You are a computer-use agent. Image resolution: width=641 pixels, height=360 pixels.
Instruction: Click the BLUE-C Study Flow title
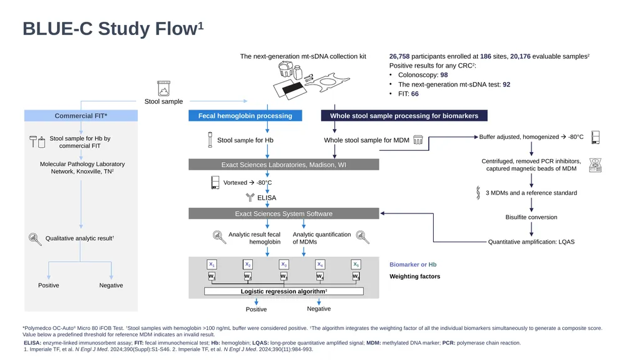coord(113,29)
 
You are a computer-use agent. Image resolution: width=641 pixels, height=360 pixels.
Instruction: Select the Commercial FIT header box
coord(81,116)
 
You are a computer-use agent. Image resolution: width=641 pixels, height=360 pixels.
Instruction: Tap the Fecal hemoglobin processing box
coord(245,116)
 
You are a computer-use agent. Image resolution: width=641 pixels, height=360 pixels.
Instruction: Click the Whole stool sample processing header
coord(404,116)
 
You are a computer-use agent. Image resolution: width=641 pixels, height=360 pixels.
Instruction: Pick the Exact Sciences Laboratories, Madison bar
coord(284,165)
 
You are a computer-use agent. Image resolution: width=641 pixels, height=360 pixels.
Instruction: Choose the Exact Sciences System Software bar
coord(284,213)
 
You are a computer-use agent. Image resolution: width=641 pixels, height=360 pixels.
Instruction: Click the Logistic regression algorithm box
coord(284,291)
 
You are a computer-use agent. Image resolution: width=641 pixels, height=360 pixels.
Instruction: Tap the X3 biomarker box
coord(284,264)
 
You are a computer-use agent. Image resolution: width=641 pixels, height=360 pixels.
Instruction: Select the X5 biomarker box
coord(356,264)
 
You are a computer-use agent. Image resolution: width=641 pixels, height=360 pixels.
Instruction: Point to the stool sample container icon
coord(163,88)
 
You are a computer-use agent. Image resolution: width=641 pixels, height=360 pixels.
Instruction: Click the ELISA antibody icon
coord(250,197)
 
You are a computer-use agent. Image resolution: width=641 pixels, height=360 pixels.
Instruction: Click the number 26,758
coord(399,56)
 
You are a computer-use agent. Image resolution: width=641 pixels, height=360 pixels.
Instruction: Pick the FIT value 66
coord(415,94)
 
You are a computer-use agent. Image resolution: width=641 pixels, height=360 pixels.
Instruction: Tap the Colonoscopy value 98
coord(444,75)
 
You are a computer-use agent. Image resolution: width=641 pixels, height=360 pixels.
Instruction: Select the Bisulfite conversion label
coord(531,217)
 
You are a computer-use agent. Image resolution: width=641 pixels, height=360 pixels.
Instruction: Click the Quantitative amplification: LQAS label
coord(531,242)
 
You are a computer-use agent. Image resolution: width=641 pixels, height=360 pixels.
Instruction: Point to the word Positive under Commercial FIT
coord(49,285)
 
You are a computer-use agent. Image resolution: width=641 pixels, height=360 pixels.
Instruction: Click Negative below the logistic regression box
coord(319,309)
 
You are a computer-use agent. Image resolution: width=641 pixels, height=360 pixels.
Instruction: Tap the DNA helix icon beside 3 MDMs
coord(478,193)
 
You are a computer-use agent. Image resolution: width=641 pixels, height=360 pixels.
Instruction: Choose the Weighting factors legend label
coord(414,277)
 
